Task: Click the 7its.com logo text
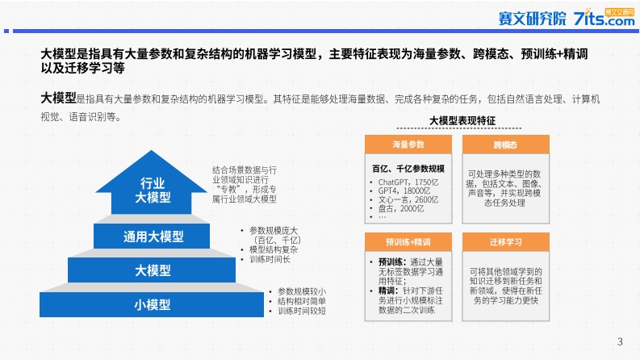point(604,19)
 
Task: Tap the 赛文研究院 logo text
point(532,19)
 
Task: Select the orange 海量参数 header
point(408,144)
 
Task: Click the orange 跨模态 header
point(506,144)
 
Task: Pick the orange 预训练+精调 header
point(408,242)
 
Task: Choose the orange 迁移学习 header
point(506,242)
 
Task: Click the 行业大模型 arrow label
point(153,190)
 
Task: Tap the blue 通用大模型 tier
point(152,236)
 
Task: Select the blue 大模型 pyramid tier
point(152,270)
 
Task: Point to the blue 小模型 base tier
point(152,304)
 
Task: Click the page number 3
point(620,341)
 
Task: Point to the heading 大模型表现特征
point(462,121)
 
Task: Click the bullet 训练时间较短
point(302,311)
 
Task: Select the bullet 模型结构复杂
point(274,249)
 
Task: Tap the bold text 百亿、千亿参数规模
point(408,169)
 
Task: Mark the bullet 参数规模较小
point(302,291)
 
